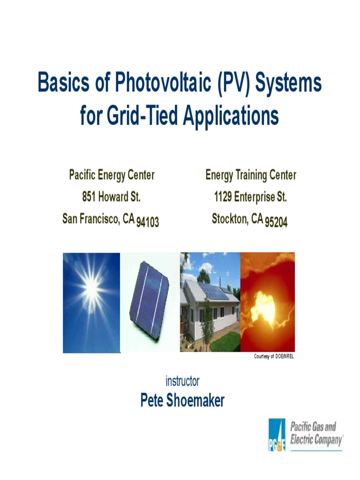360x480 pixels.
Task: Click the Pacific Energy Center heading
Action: [112, 175]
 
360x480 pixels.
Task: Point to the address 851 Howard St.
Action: [112, 197]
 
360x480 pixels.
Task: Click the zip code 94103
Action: [148, 222]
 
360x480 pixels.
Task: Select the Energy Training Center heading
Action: [251, 175]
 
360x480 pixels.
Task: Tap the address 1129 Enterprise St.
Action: [250, 197]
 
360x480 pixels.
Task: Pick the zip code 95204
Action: [276, 222]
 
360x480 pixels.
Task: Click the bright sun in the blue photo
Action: [91, 285]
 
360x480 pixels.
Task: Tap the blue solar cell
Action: [150, 300]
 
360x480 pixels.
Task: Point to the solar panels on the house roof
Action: [212, 291]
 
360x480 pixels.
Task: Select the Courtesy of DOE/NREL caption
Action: [274, 357]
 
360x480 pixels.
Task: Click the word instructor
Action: [182, 381]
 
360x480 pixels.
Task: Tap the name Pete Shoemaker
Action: [182, 400]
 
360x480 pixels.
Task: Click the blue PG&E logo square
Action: [277, 435]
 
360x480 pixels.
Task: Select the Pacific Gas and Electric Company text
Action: [316, 434]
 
